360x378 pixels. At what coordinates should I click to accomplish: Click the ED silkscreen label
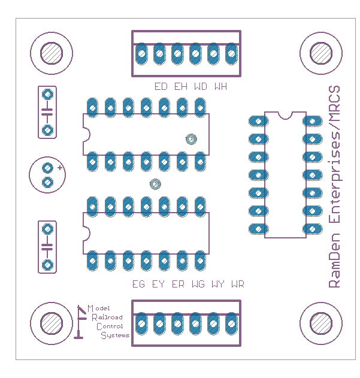click(161, 86)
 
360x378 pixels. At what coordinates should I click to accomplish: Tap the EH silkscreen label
click(181, 86)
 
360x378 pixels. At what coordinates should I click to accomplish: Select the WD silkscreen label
click(201, 86)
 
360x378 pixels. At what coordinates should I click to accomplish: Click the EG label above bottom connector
click(139, 284)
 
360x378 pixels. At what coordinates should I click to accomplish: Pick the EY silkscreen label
click(158, 284)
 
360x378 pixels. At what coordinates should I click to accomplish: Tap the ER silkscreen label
click(178, 284)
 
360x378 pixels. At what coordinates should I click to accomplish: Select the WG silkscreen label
click(198, 284)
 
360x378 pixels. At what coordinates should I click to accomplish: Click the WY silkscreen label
click(217, 284)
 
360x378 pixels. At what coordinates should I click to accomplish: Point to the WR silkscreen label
click(237, 284)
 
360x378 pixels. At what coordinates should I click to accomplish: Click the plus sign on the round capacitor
click(59, 168)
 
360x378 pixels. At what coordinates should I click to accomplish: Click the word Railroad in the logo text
click(107, 317)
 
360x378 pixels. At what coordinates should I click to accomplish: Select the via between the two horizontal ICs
click(155, 184)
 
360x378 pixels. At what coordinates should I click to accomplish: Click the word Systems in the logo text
click(114, 335)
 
